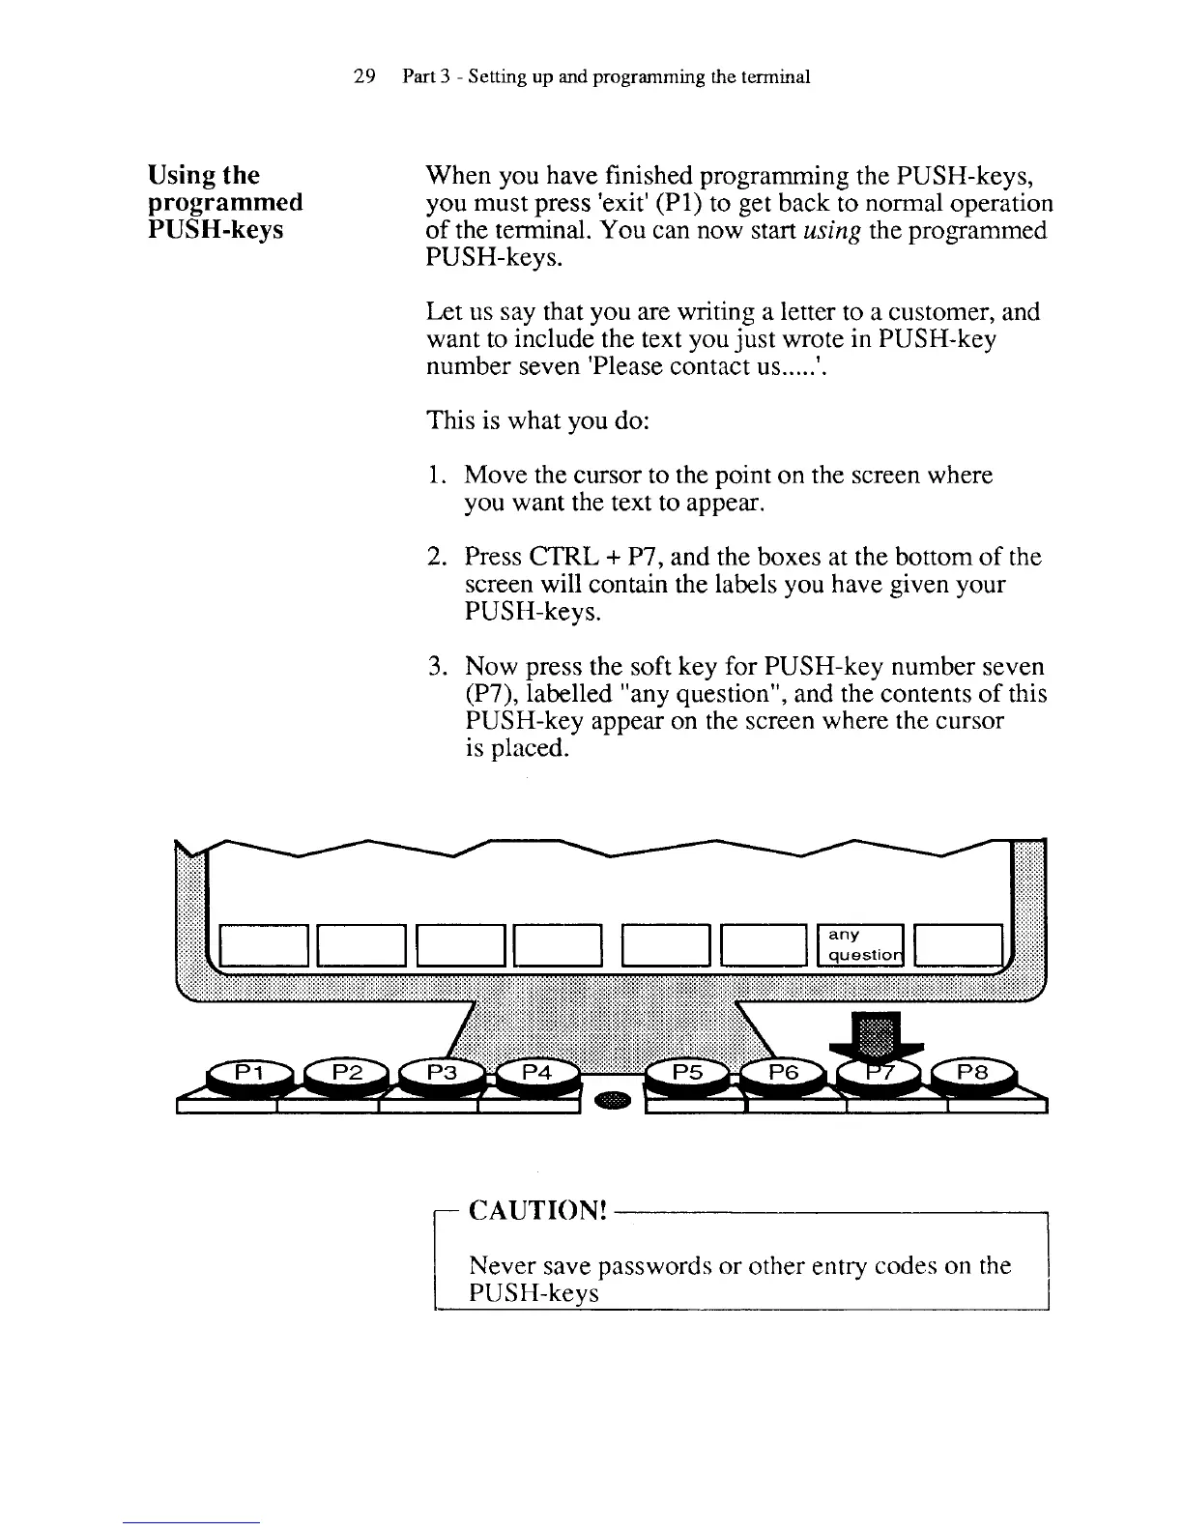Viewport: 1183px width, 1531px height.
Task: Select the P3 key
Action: (441, 1073)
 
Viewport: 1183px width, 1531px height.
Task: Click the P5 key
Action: (687, 1073)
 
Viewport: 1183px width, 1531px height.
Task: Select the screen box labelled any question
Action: (859, 944)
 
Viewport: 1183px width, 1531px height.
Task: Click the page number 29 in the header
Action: (364, 76)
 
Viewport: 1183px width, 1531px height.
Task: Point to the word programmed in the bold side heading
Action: (225, 203)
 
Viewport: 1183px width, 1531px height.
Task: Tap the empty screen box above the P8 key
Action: (958, 944)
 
